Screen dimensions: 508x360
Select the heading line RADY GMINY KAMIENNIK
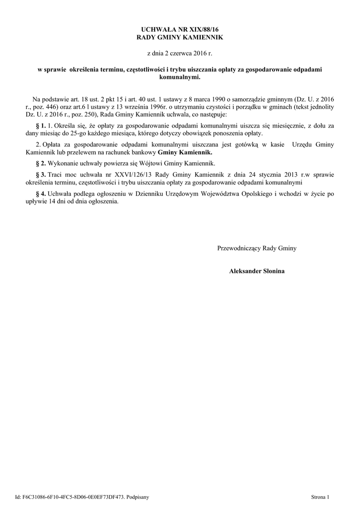[180, 38]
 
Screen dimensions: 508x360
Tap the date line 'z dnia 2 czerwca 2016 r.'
[180, 52]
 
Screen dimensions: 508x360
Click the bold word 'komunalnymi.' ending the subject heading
[180, 77]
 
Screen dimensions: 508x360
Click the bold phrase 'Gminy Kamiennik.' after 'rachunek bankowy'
[184, 152]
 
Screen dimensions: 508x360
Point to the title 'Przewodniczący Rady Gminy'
[257, 248]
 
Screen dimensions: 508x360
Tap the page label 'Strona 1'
[320, 496]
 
